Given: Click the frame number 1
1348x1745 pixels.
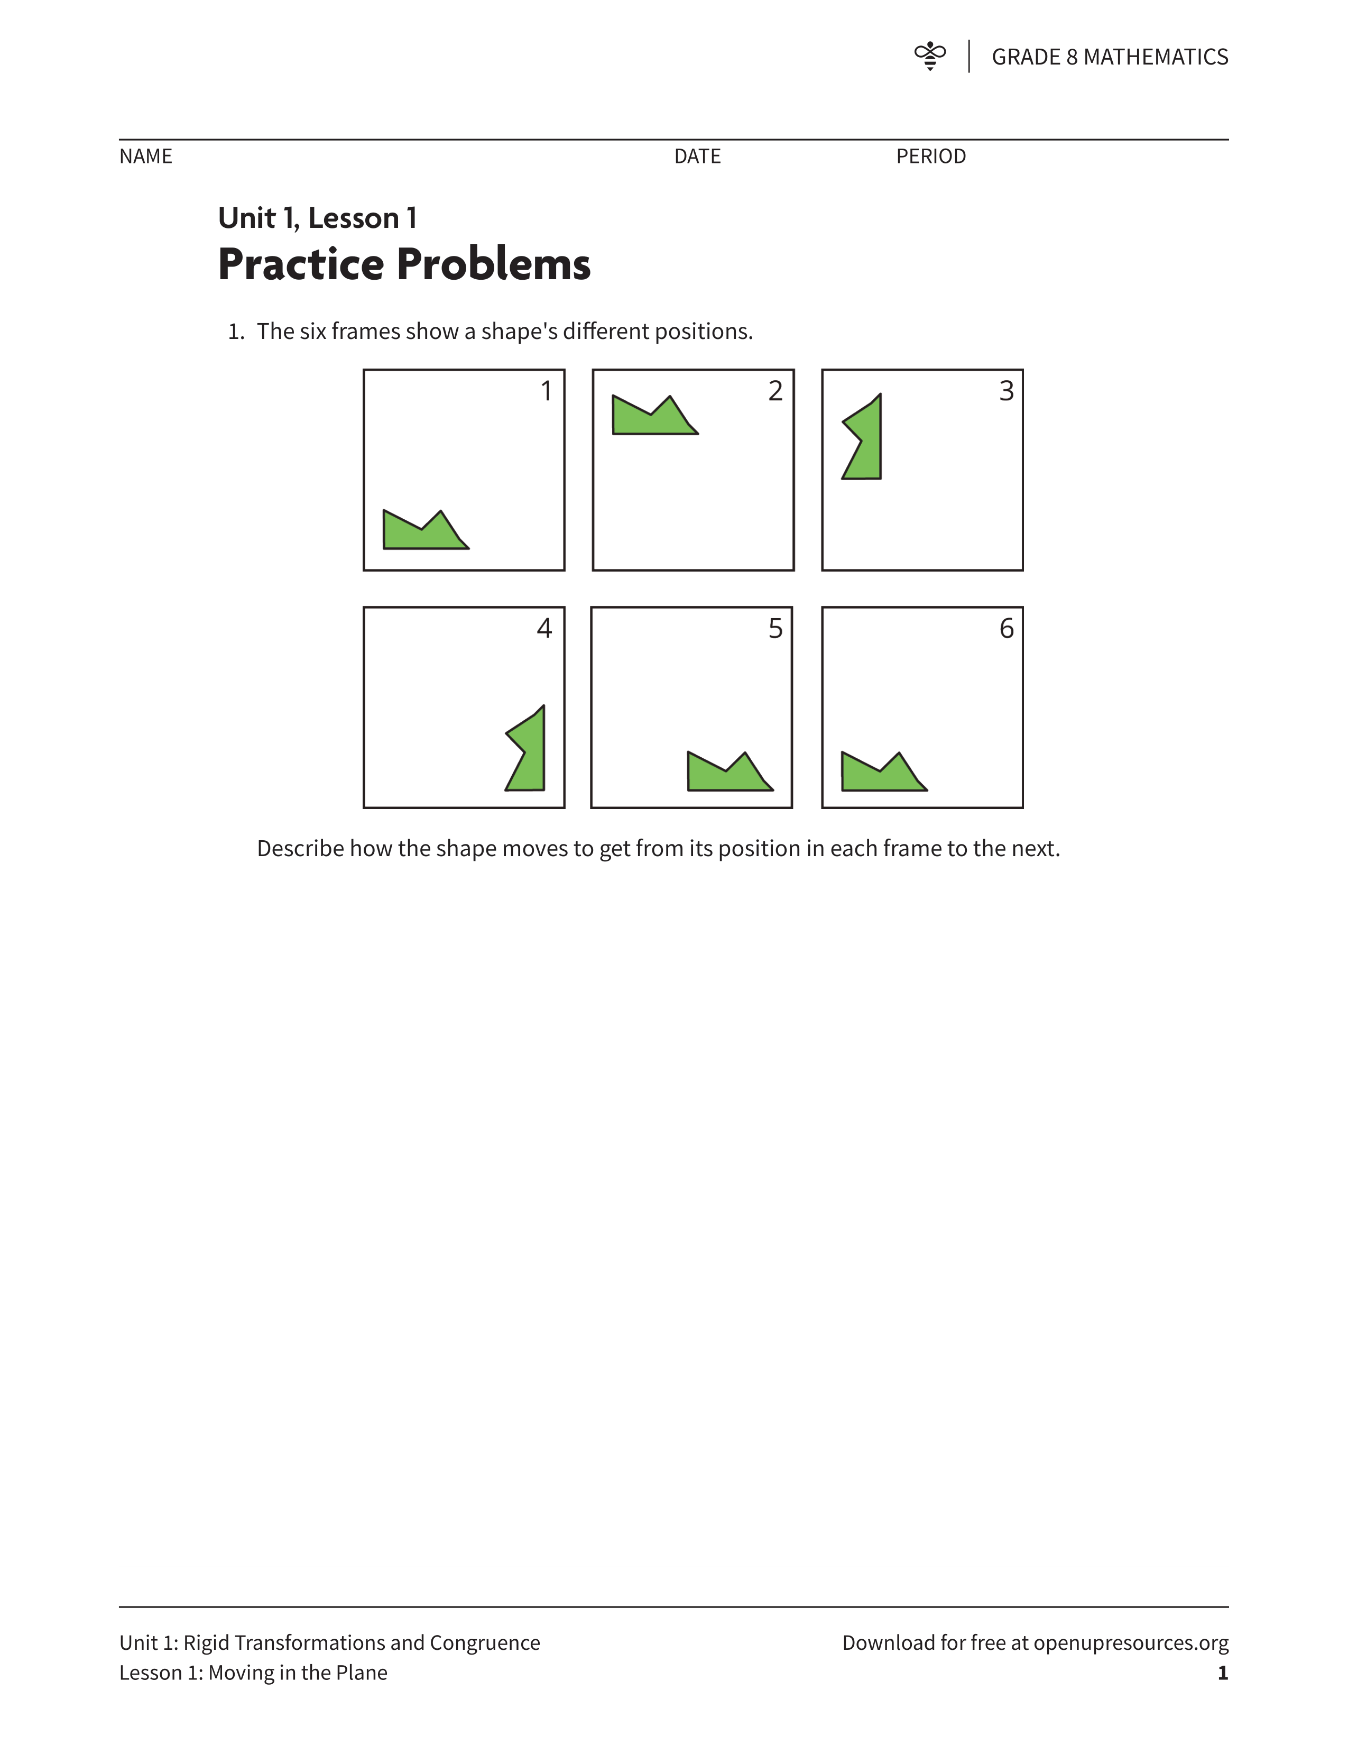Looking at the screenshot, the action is [x=546, y=391].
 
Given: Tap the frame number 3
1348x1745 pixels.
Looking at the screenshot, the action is [x=1006, y=391].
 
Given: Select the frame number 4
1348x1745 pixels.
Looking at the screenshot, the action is [x=544, y=628].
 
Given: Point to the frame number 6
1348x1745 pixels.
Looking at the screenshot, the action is [x=1006, y=628].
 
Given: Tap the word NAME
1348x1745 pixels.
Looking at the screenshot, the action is [x=146, y=157].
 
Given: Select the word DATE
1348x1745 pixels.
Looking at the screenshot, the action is [x=697, y=157].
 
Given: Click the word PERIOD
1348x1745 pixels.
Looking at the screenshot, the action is [x=931, y=157].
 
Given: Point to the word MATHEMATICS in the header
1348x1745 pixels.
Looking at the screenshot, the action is [x=1156, y=57].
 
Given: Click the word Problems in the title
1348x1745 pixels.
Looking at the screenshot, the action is [x=494, y=264].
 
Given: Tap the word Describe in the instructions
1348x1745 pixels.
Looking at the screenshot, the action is [x=299, y=849].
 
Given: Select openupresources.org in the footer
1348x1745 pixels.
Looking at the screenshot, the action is [x=1131, y=1643].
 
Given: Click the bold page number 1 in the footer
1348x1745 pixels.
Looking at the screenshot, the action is [x=1223, y=1673].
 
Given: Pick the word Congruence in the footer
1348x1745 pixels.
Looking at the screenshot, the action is [x=485, y=1643].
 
